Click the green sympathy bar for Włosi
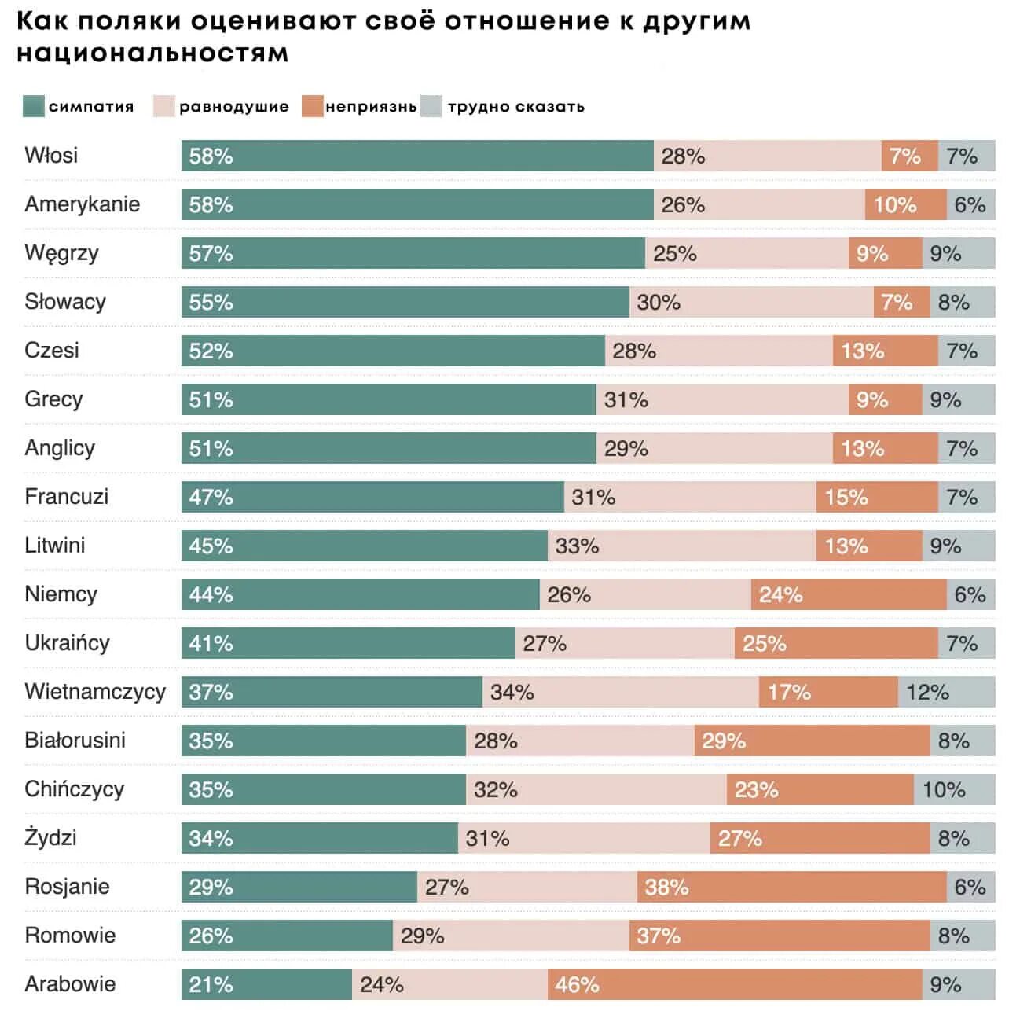click(416, 156)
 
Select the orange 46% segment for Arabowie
click(734, 984)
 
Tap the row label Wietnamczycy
click(95, 692)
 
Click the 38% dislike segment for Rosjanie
click(791, 887)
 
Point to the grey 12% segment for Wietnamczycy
click(946, 692)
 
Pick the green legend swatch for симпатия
click(34, 106)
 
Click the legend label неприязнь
click(371, 107)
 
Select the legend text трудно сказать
click(515, 107)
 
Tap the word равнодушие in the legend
click(233, 107)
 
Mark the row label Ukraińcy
click(67, 643)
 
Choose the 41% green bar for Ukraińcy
click(348, 643)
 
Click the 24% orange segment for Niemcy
click(848, 594)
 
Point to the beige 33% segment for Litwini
click(681, 546)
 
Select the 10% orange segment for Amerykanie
click(905, 204)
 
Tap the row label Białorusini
click(75, 741)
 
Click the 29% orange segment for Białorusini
click(812, 741)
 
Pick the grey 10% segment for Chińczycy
click(954, 789)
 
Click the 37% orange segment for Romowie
click(779, 936)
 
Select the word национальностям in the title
click(152, 53)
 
